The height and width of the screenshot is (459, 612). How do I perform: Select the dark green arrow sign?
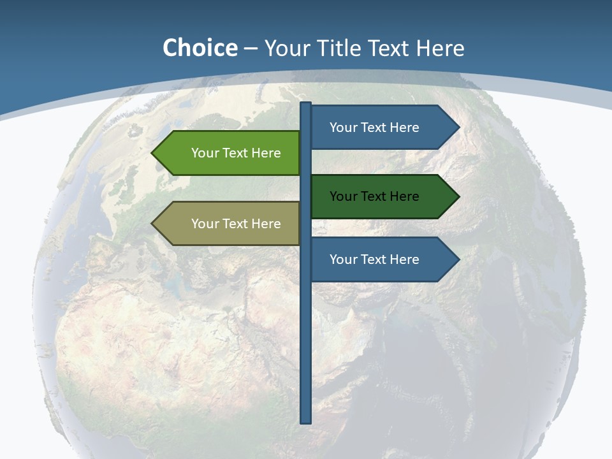(x=382, y=196)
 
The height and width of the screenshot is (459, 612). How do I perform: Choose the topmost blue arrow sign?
(x=382, y=127)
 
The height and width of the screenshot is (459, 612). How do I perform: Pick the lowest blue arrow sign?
(x=382, y=259)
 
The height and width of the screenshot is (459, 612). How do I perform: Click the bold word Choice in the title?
(x=200, y=48)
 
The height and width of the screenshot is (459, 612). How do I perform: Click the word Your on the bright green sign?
(x=205, y=153)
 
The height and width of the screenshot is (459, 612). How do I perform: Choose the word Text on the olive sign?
(x=236, y=224)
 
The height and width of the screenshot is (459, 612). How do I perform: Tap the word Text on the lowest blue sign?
(x=374, y=259)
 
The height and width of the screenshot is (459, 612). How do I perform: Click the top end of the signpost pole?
(x=306, y=104)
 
